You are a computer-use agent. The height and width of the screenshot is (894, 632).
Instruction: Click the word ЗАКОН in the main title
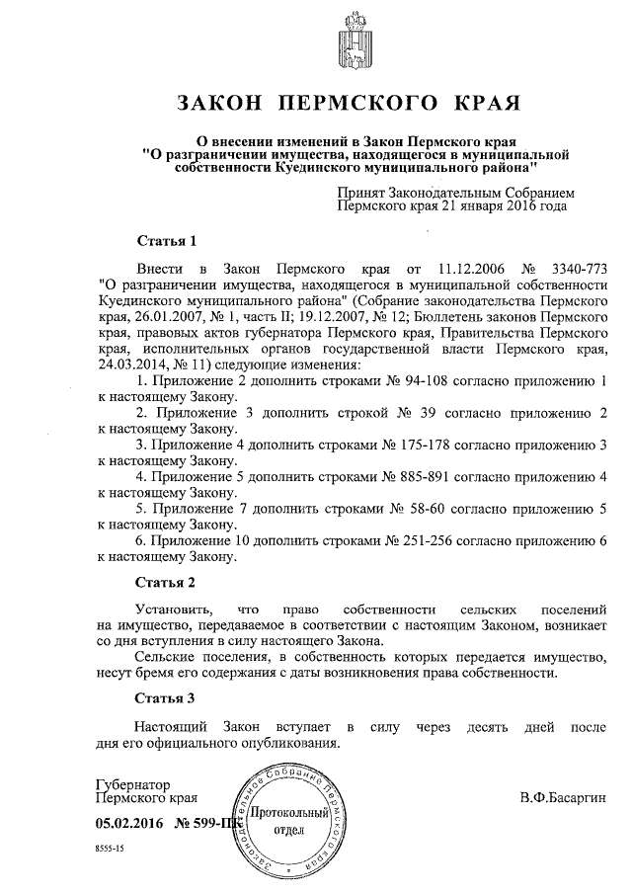218,102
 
